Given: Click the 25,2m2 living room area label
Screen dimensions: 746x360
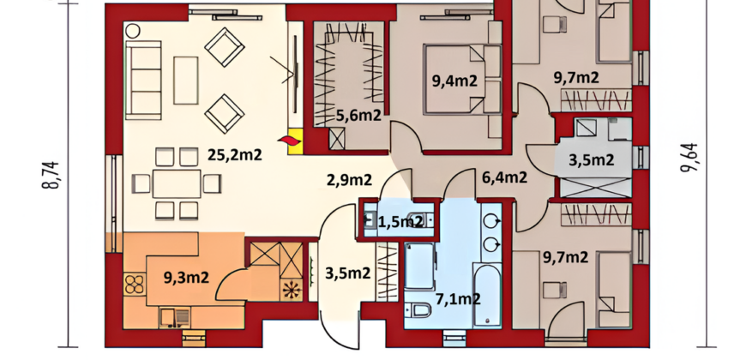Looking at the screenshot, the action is pyautogui.click(x=235, y=154).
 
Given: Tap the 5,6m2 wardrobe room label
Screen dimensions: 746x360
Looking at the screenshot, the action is pyautogui.click(x=358, y=115).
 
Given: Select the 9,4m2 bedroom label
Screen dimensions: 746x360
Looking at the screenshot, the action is pyautogui.click(x=454, y=81).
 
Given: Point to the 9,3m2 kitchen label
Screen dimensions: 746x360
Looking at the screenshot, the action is pyautogui.click(x=186, y=277).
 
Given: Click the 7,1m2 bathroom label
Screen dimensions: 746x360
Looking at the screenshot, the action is pyautogui.click(x=458, y=298).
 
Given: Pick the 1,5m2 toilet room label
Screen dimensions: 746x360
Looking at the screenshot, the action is pyautogui.click(x=400, y=221).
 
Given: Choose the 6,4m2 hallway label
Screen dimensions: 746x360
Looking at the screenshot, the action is pyautogui.click(x=504, y=177).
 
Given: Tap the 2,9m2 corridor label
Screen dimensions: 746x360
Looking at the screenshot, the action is pyautogui.click(x=349, y=180).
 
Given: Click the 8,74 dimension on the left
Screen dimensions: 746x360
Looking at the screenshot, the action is pyautogui.click(x=51, y=175).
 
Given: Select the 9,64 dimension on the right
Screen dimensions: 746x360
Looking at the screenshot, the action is pyautogui.click(x=690, y=157).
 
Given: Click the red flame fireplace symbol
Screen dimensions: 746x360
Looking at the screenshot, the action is pyautogui.click(x=289, y=141).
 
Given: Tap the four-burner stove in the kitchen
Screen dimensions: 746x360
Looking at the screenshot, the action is pyautogui.click(x=135, y=284).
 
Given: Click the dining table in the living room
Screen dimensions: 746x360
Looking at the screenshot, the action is pyautogui.click(x=177, y=183).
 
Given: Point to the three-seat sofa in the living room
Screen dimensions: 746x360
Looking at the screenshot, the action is pyautogui.click(x=143, y=80).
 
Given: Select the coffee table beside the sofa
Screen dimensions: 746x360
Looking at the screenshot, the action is pyautogui.click(x=185, y=81).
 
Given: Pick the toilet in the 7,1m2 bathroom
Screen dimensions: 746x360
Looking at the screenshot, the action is pyautogui.click(x=418, y=310).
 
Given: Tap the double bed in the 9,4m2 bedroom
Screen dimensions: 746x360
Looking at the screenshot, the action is pyautogui.click(x=462, y=80).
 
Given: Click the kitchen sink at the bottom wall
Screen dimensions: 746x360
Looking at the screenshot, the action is pyautogui.click(x=174, y=317).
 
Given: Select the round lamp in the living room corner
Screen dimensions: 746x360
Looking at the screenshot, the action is pyautogui.click(x=133, y=32).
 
